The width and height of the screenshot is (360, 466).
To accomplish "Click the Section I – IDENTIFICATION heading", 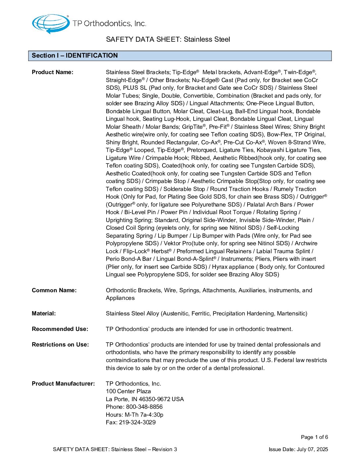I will [75, 56].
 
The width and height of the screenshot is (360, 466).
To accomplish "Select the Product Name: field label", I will [53, 72].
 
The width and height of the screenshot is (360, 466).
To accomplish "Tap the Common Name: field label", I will [54, 290].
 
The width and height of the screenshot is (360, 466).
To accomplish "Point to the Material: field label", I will [44, 313].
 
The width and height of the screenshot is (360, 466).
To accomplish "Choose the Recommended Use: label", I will [60, 329].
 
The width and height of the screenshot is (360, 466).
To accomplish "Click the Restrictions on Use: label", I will [60, 345].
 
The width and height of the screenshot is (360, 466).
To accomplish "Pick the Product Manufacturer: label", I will [63, 384].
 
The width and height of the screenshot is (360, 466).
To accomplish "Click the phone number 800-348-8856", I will [144, 407].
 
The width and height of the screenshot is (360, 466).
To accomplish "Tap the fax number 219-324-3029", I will [137, 422].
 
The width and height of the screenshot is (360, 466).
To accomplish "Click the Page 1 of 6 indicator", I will [314, 437].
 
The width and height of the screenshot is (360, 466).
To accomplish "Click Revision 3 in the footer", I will [164, 449].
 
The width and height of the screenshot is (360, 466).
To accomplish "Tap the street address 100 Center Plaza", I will [128, 391].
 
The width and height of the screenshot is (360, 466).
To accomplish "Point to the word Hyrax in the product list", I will [220, 267].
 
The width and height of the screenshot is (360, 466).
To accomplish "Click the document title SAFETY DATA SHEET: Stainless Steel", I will [168, 39].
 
